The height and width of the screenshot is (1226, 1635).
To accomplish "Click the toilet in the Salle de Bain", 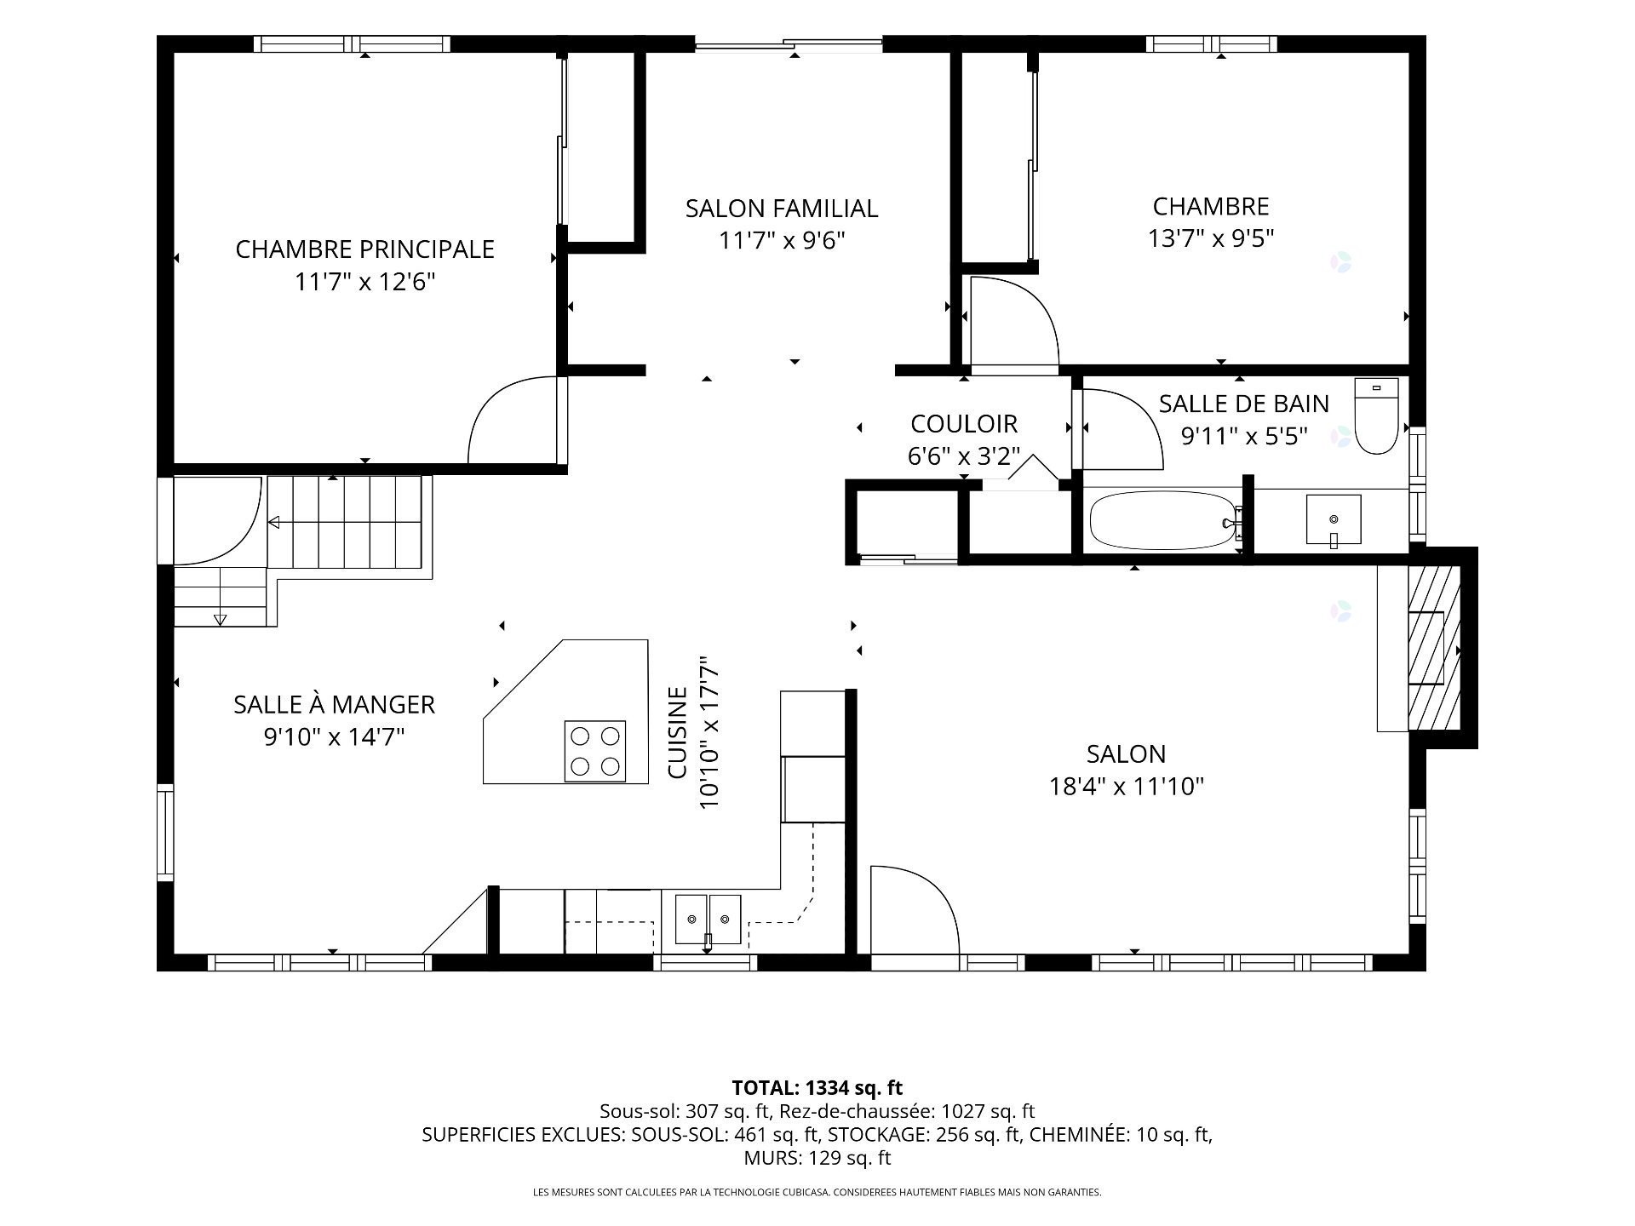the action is (x=1376, y=416).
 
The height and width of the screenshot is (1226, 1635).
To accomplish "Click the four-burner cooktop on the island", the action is (x=594, y=751).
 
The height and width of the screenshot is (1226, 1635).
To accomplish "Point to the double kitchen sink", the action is (x=708, y=919).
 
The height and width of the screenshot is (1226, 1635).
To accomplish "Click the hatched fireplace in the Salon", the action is (x=1434, y=648).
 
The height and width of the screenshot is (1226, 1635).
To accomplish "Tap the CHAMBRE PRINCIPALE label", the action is (x=364, y=249).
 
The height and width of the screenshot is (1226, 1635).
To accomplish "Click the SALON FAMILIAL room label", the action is (x=782, y=209).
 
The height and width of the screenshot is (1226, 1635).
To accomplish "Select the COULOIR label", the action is (x=964, y=424).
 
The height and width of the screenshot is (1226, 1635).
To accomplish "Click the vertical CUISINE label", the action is (x=677, y=733).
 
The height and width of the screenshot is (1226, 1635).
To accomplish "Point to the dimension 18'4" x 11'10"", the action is (x=1126, y=786).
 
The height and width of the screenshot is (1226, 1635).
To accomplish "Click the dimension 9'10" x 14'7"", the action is (x=334, y=736).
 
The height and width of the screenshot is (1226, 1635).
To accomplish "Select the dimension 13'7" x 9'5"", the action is (x=1211, y=238).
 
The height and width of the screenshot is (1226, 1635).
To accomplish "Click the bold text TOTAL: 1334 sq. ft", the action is (x=817, y=1088).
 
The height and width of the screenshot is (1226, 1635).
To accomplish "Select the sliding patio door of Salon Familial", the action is (x=789, y=43).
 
